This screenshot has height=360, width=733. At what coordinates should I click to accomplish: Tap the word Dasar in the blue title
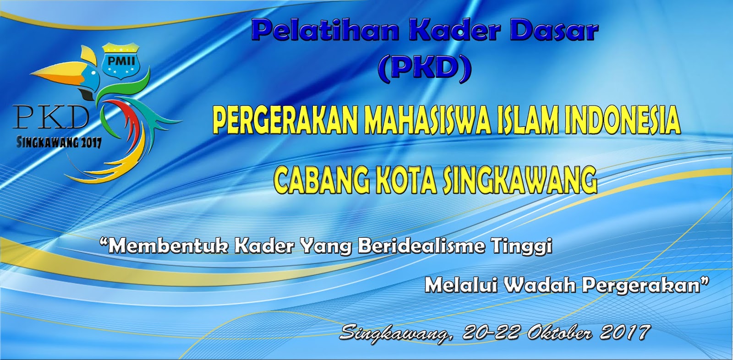[554, 30]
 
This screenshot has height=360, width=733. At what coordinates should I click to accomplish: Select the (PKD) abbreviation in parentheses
[424, 68]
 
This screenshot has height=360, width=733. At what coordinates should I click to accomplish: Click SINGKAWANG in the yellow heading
[520, 180]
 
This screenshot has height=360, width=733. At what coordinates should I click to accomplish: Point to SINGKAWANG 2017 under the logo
[59, 142]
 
